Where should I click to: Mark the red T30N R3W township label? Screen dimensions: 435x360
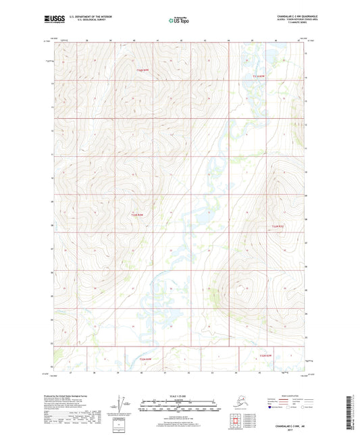point(269,354)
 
